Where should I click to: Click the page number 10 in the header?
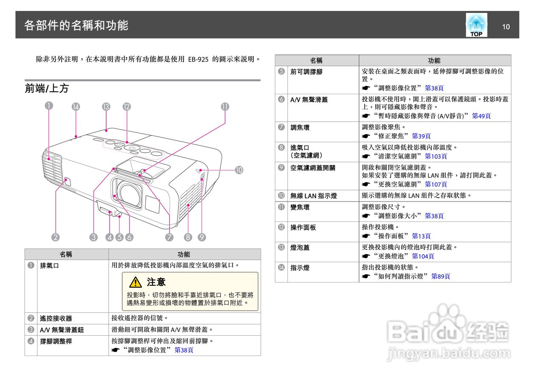(506, 27)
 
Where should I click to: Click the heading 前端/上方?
(47, 88)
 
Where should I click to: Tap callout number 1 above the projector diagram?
(50, 107)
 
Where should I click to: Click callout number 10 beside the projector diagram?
(239, 170)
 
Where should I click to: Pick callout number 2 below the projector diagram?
(55, 237)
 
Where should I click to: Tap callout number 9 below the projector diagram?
(202, 237)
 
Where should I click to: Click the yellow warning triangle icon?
(136, 282)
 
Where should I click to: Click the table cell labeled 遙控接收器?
(56, 318)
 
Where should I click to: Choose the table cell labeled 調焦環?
(300, 127)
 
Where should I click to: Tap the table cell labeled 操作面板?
(303, 227)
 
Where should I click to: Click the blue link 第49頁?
(481, 116)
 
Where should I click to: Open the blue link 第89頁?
(440, 276)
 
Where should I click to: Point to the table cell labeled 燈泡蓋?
(300, 247)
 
